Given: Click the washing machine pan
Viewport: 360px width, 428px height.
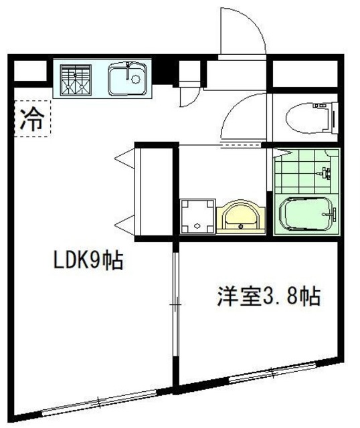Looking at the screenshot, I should coord(197,216).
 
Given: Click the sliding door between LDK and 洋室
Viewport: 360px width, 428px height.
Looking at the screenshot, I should coord(175,308).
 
